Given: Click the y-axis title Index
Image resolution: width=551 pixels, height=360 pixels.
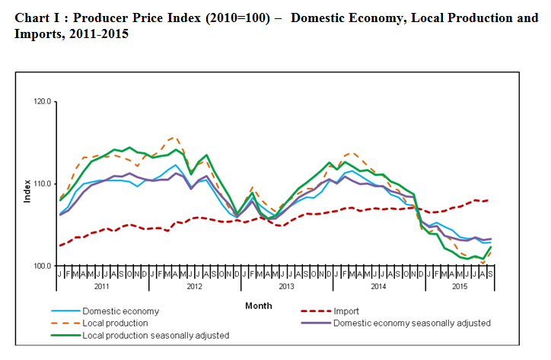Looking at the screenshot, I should tap(27, 190).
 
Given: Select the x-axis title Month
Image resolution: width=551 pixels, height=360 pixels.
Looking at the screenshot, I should tap(258, 306).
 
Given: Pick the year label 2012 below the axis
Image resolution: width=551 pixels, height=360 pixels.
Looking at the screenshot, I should tap(194, 287).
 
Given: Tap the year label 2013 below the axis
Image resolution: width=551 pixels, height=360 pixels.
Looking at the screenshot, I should tap(285, 287).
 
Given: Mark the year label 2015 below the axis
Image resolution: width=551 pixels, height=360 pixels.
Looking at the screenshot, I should tap(459, 287).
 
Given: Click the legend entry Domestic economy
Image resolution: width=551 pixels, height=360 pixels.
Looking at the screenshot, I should tap(120, 311).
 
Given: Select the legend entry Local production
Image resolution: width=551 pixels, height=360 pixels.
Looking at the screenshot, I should tap(116, 323).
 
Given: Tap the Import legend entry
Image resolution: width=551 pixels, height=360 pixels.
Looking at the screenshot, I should tap(346, 311).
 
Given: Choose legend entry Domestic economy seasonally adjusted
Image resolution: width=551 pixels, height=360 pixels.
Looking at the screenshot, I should tap(412, 323).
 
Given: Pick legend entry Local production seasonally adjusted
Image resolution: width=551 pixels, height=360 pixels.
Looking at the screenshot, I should tap(155, 334).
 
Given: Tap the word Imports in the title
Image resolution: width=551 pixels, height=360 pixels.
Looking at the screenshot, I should tap(37, 35).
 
